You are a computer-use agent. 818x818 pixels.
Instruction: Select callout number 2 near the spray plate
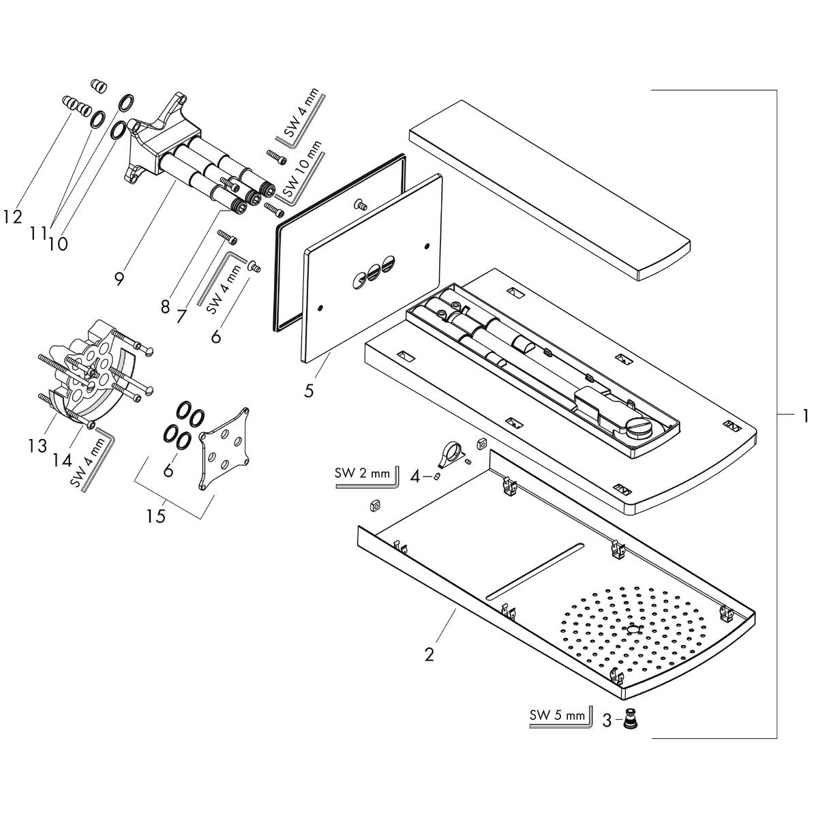click(429, 655)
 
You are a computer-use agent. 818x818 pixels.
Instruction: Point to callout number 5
click(309, 391)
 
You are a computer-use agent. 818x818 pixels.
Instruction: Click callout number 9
click(120, 279)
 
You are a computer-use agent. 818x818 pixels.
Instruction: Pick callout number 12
click(12, 217)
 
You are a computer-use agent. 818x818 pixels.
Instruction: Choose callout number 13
click(37, 445)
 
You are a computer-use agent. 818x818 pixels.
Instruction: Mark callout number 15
click(156, 516)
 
